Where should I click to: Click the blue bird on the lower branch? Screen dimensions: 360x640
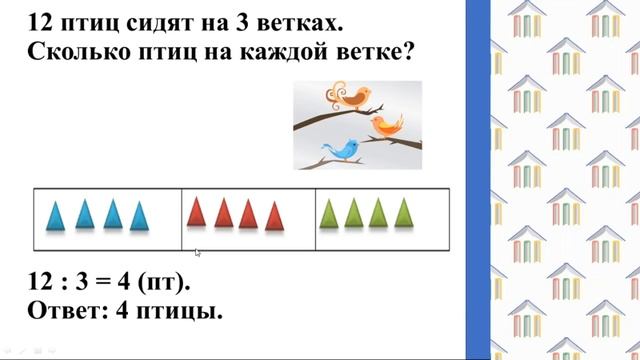(x=346, y=150)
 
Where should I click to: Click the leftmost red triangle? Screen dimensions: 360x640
(x=197, y=212)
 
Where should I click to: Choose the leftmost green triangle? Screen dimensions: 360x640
(x=330, y=213)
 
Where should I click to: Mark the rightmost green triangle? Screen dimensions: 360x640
(x=403, y=212)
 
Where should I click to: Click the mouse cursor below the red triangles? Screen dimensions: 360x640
(x=197, y=253)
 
